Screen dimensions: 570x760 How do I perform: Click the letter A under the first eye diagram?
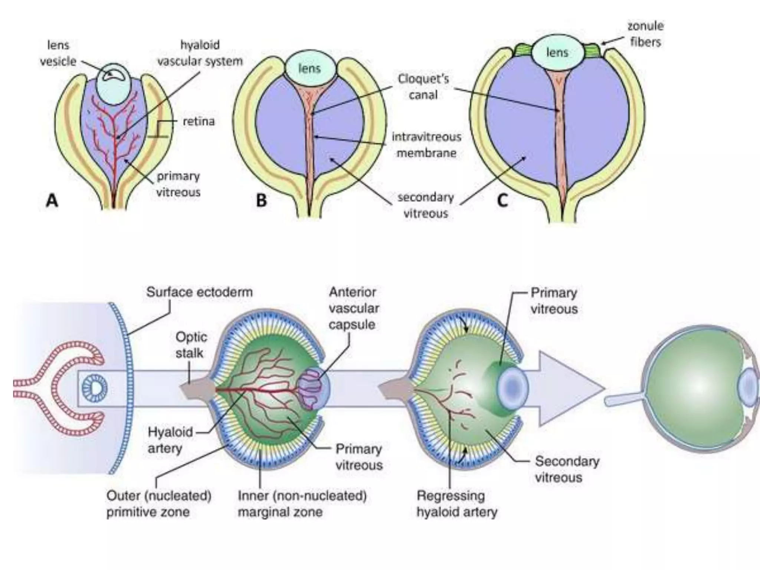52,201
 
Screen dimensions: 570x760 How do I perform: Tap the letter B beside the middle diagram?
261,201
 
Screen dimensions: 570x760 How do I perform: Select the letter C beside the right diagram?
502,201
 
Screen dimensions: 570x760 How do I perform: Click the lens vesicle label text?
58,53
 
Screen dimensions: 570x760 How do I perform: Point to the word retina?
199,121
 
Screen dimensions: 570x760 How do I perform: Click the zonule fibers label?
645,34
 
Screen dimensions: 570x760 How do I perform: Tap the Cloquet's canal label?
423,87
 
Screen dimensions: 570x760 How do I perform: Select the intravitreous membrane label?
426,145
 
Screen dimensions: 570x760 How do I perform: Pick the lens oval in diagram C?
557,53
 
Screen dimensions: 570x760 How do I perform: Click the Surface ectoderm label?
199,292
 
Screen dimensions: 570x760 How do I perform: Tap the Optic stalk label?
191,345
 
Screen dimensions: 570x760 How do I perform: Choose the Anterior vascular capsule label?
354,308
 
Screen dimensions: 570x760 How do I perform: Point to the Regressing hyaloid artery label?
456,504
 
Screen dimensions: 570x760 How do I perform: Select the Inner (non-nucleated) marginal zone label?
302,504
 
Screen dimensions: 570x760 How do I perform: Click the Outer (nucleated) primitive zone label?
159,504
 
